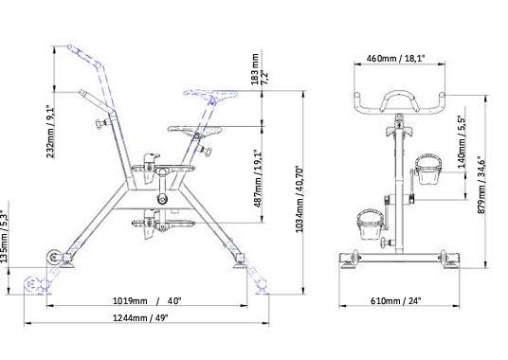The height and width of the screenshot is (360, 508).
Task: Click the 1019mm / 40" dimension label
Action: tap(147, 300)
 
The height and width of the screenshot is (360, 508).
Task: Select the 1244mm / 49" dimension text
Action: tap(140, 318)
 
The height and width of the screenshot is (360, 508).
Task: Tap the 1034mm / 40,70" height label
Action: tap(299, 200)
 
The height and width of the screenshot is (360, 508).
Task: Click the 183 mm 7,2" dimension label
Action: tap(260, 69)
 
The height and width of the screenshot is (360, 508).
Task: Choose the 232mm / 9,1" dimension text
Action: tap(50, 131)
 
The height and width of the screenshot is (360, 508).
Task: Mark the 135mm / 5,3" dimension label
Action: tap(4, 237)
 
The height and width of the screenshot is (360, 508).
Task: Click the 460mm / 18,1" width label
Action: tap(395, 59)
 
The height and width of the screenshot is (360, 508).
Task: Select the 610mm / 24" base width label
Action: tap(395, 300)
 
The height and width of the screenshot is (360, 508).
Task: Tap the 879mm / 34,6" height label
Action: tap(481, 185)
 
